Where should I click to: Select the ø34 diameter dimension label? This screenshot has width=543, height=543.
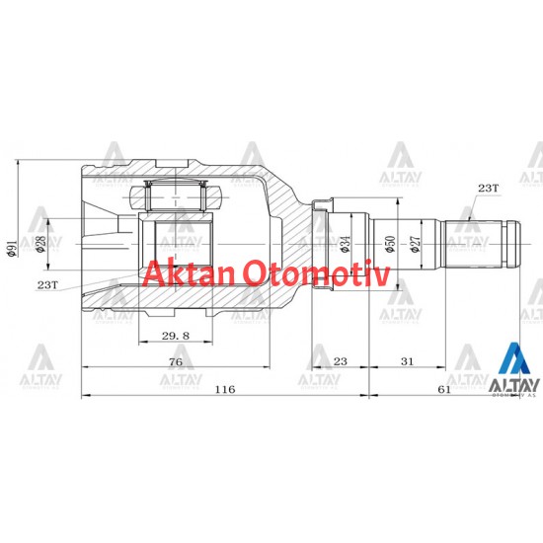click(x=345, y=243)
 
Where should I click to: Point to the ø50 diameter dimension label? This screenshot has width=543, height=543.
click(x=389, y=243)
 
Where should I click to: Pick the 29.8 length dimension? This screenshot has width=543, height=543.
click(x=175, y=336)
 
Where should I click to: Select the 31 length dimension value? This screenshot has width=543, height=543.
click(x=408, y=362)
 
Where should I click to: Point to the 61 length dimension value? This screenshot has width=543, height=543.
click(x=443, y=390)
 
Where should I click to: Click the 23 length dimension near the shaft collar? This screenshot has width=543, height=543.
click(x=340, y=362)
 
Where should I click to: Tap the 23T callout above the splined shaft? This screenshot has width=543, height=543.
click(x=488, y=187)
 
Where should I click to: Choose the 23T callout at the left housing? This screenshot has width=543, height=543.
click(x=47, y=284)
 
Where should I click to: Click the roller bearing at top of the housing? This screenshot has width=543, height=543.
click(x=174, y=194)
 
